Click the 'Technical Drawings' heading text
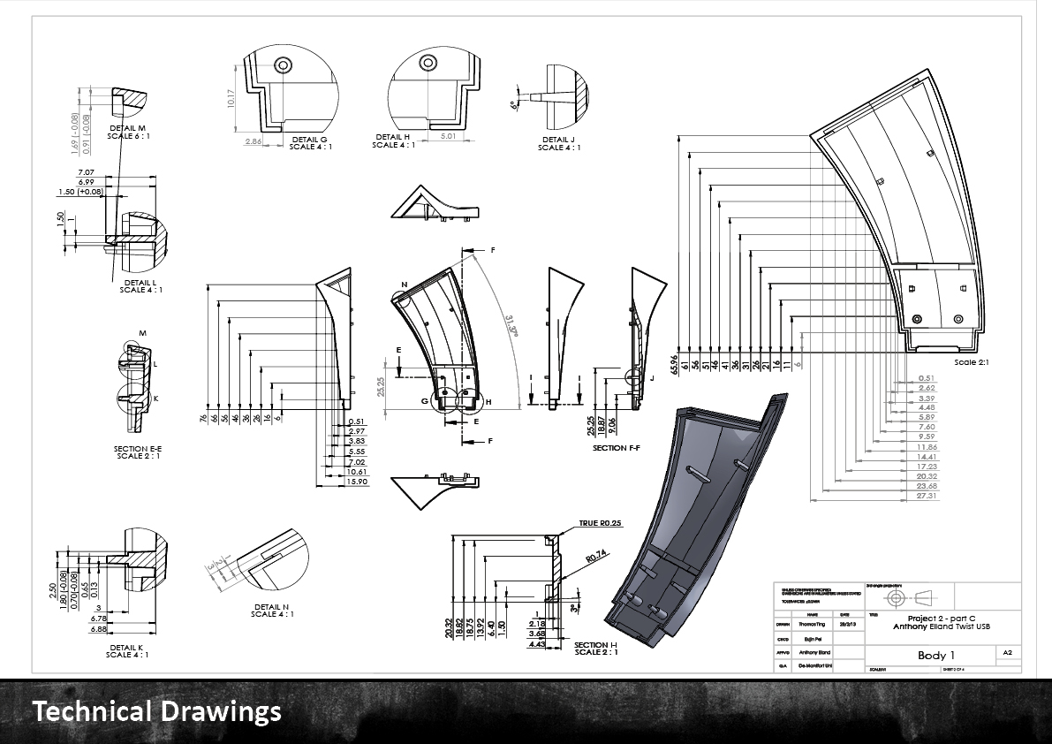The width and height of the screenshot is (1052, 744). point(157,710)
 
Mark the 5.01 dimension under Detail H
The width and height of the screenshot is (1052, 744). point(444,137)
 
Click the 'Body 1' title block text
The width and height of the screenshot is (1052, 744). point(935,655)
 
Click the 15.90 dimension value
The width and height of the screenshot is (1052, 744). point(357,482)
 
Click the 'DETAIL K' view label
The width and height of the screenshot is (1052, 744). point(127,650)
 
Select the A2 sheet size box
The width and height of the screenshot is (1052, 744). point(1007,652)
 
